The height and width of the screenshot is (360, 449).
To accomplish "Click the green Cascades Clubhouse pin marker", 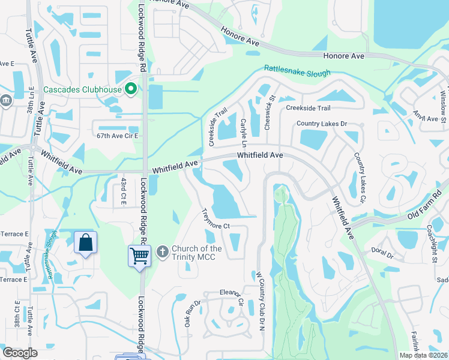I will (130, 90).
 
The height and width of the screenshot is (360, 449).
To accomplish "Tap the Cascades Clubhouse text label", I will (82, 91).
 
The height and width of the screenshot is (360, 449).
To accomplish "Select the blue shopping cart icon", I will (139, 256).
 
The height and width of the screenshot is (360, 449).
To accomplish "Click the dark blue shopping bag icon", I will (86, 243).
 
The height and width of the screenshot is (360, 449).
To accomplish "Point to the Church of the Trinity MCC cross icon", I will (162, 252).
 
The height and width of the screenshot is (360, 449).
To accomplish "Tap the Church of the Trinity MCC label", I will (197, 253).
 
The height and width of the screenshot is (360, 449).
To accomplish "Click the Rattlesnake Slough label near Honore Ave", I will (297, 71).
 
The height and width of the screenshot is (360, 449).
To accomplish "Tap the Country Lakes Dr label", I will (322, 124).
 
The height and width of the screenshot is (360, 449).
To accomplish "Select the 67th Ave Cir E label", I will (118, 136).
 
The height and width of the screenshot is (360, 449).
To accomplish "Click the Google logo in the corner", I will (20, 353).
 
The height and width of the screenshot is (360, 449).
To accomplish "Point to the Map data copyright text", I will (424, 355).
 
